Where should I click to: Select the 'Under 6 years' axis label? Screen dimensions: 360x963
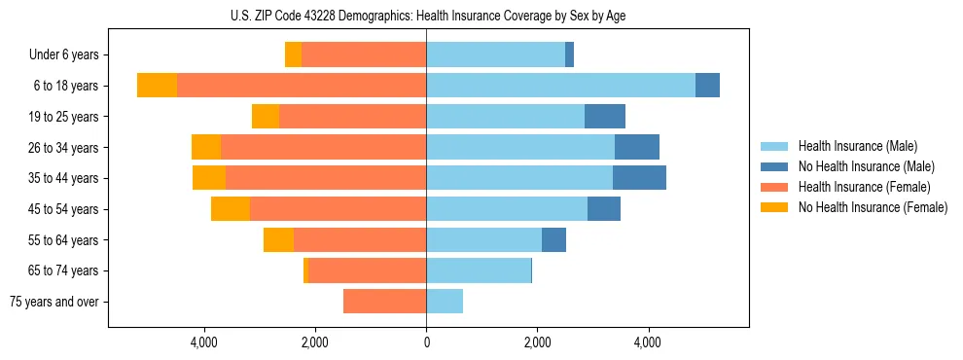[x=64, y=55]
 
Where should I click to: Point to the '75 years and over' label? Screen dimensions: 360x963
[x=54, y=302]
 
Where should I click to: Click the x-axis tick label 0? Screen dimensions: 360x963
[x=426, y=342]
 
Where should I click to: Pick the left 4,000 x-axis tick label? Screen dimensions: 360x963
[x=204, y=342]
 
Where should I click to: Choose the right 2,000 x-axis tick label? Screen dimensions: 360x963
[x=537, y=342]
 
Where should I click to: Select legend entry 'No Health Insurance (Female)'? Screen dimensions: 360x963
[x=873, y=207]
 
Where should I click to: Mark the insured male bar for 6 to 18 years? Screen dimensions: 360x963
[x=560, y=86]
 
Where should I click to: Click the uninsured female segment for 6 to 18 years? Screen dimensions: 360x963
[x=157, y=86]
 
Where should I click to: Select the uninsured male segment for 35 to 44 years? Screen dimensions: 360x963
[x=639, y=178]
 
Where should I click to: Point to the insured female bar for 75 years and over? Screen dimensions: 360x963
[x=384, y=302]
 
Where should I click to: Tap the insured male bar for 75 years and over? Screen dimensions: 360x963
[x=445, y=302]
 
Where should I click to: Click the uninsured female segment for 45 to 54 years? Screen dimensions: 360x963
[x=231, y=209]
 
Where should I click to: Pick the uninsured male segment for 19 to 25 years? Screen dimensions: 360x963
[x=605, y=117]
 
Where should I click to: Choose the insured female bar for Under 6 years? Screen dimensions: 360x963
[x=364, y=55]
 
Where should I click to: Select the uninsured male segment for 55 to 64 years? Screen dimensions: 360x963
[x=553, y=240]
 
